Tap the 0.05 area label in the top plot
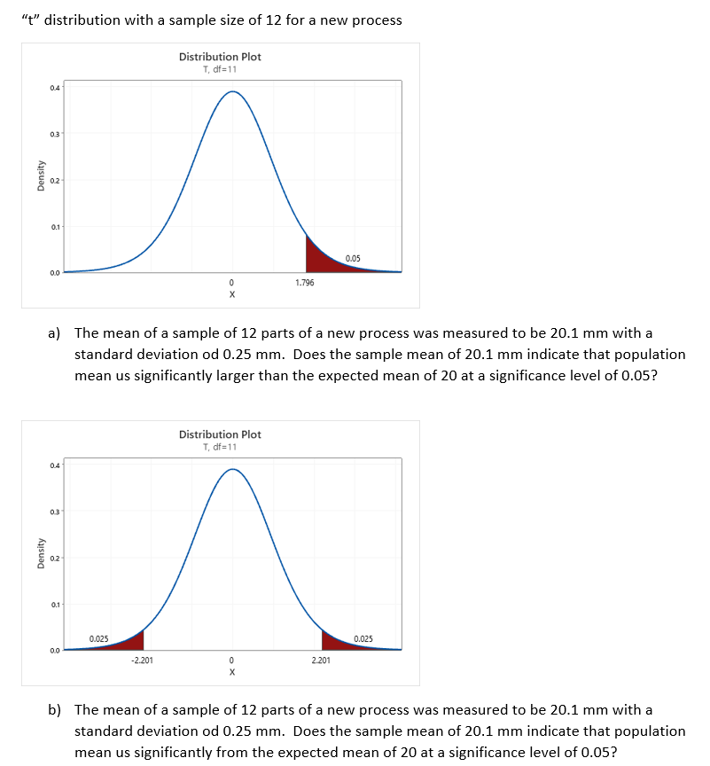(353, 258)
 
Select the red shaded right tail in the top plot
(318, 260)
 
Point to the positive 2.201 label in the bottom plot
(321, 660)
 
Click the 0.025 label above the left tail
(99, 638)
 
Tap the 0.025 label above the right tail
(363, 638)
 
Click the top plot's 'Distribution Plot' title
(220, 57)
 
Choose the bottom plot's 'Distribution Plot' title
(220, 434)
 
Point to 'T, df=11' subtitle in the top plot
(220, 69)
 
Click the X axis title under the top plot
(232, 293)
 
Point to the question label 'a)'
(54, 333)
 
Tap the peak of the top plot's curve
(232, 91)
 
